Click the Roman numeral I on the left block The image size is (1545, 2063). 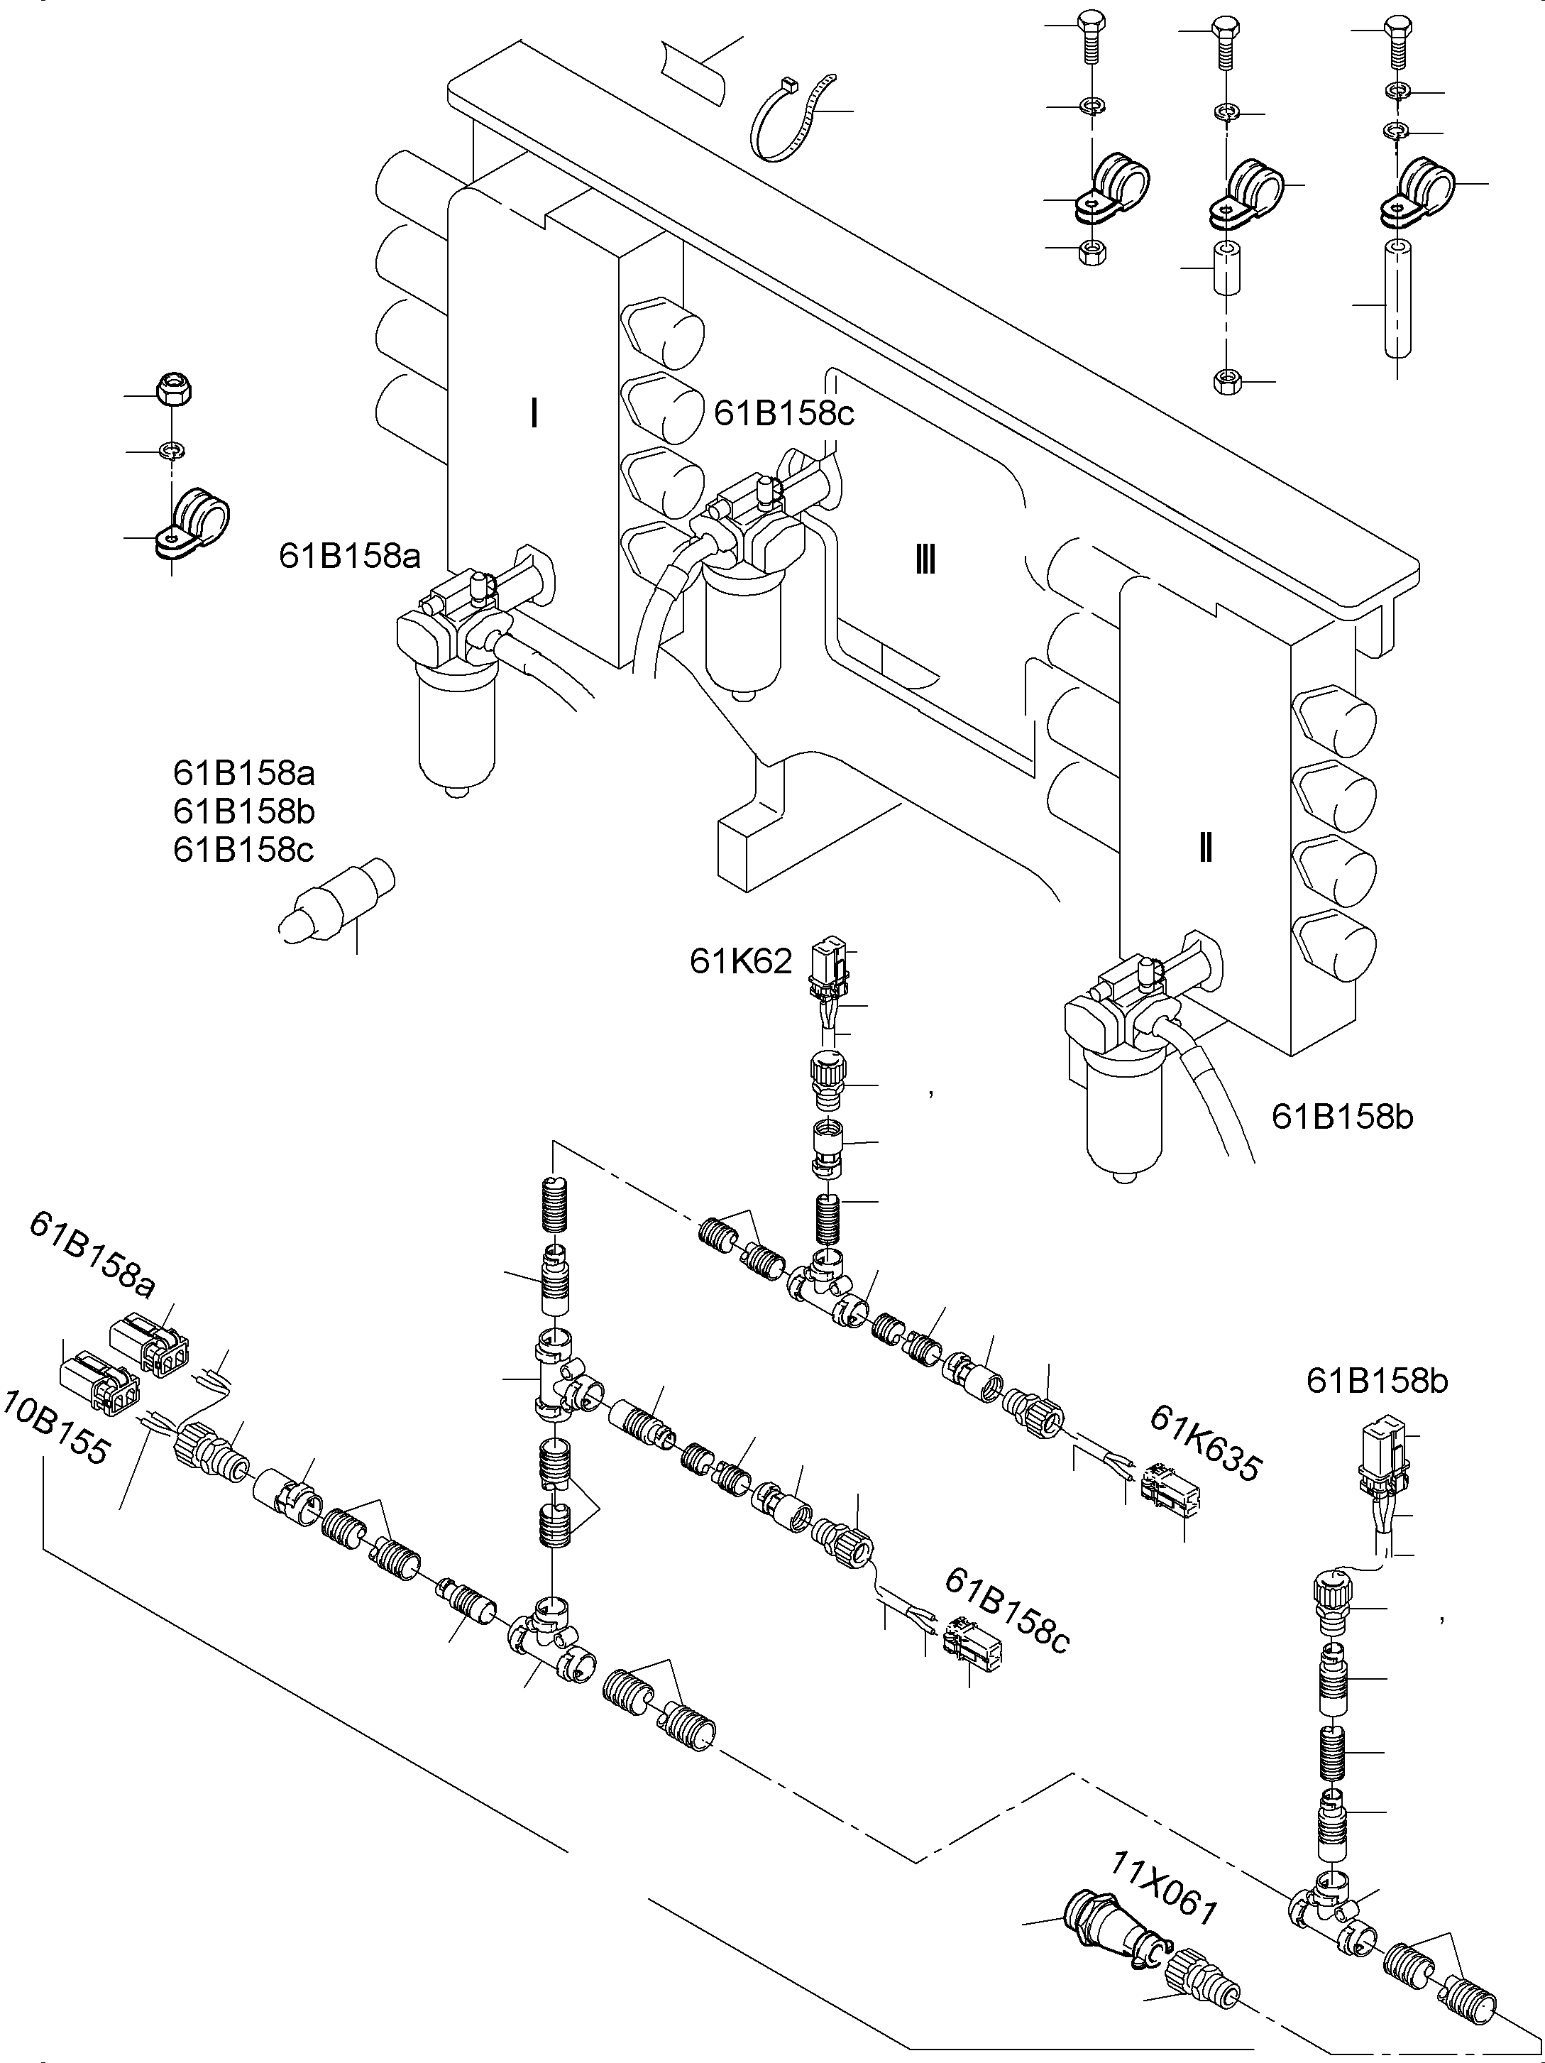coord(534,413)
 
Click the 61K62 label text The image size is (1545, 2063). coord(740,961)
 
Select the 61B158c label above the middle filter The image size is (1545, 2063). coord(784,414)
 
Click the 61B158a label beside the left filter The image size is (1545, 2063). coord(350,557)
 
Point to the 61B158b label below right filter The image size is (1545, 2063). coord(1342,1117)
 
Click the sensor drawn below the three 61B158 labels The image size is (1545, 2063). coord(336,900)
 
